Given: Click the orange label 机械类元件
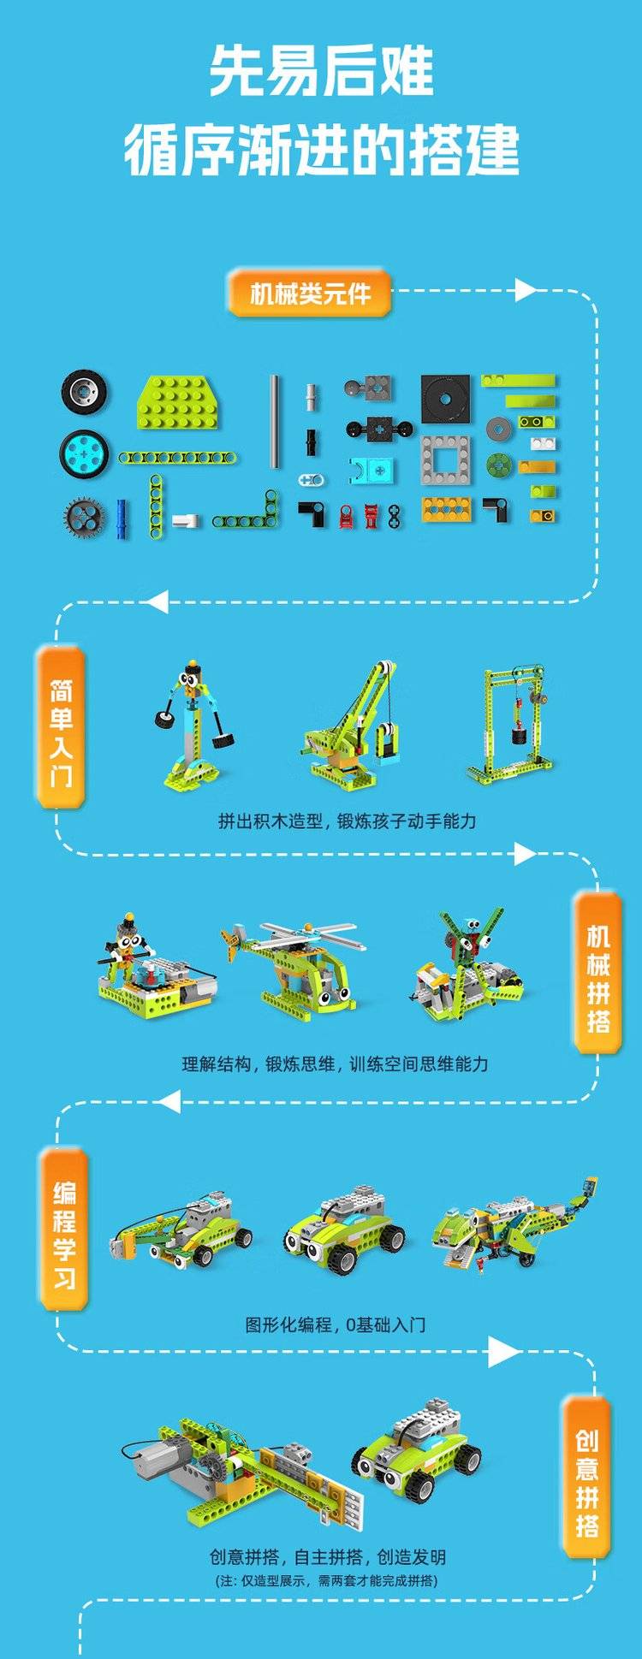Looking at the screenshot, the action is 309,293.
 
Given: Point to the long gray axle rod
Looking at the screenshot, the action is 275,421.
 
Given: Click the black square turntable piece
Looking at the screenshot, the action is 445,399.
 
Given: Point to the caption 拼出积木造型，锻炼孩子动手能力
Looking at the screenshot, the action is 347,821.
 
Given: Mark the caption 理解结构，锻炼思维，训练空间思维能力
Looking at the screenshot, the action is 335,1064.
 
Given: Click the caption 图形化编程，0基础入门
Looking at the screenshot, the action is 335,1324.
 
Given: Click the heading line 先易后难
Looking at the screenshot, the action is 321,71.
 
